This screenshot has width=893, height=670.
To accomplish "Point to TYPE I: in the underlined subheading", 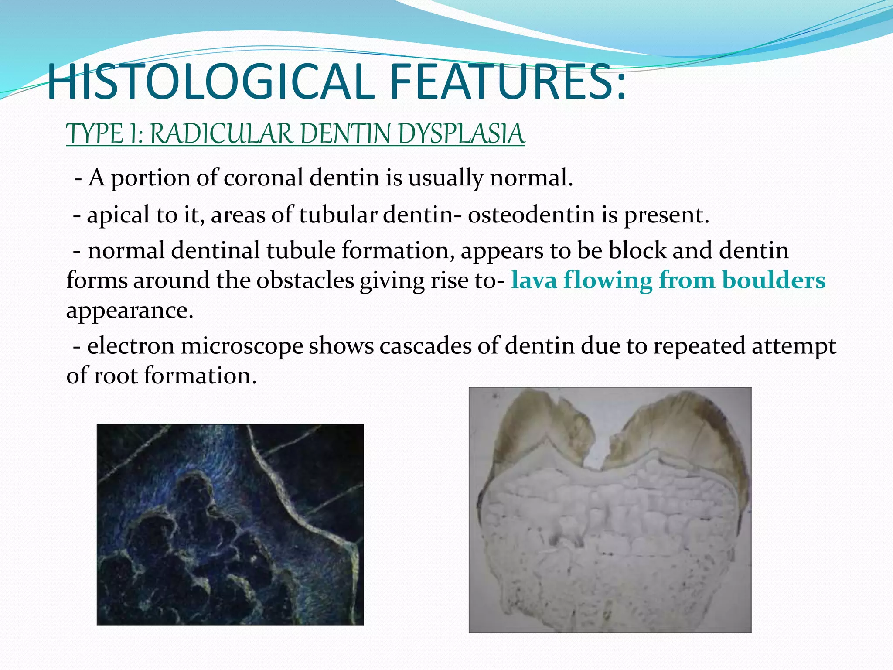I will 105,134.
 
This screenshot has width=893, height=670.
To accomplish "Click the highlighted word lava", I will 534,280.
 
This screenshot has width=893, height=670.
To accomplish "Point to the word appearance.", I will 130,310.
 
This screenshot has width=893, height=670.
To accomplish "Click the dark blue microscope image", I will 230,524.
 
